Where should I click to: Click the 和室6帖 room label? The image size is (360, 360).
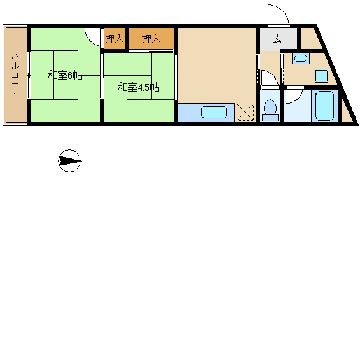(65, 75)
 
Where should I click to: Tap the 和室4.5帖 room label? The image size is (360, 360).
(139, 87)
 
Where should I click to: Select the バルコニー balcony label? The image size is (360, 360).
(15, 76)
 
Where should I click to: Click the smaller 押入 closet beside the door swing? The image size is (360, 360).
(114, 38)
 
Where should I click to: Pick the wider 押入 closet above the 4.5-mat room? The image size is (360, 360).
(151, 38)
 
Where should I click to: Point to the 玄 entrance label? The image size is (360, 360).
(277, 39)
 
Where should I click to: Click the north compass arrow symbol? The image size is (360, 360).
(69, 161)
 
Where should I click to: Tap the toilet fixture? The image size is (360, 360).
(270, 110)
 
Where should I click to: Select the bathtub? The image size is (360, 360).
(324, 106)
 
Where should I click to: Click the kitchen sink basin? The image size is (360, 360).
(214, 113)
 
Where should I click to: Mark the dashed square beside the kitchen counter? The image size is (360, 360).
(246, 113)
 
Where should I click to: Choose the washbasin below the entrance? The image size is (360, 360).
(301, 58)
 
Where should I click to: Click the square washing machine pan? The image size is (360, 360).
(321, 75)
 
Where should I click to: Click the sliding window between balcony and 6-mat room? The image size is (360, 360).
(29, 74)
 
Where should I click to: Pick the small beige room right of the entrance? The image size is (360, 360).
(310, 39)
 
